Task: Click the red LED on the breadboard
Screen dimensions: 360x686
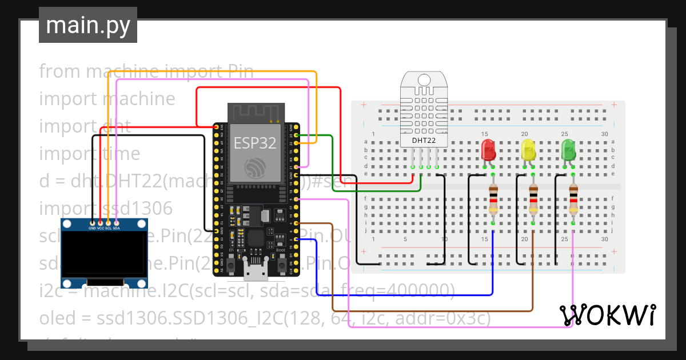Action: point(488,150)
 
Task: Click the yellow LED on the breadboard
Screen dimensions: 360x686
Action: point(529,150)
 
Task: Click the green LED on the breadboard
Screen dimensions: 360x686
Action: point(568,150)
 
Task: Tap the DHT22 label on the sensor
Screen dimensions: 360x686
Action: point(424,139)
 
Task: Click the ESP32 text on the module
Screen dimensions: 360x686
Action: point(255,143)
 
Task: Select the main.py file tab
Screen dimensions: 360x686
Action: point(88,25)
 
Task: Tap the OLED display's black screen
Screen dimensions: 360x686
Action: point(104,253)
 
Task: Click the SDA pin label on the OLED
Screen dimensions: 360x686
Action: point(116,228)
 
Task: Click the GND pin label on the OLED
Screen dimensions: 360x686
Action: point(92,228)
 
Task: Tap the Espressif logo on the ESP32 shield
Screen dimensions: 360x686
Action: point(255,167)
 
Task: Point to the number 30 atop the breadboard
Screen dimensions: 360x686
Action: point(605,134)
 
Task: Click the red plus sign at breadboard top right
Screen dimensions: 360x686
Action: point(613,105)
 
